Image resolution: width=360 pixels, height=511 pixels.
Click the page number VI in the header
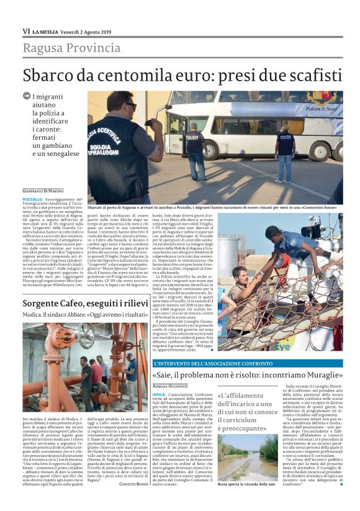(x=26, y=31)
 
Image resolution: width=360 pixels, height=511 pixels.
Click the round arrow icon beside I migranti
(x=27, y=96)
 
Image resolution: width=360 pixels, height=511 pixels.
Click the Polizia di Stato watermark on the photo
(x=322, y=109)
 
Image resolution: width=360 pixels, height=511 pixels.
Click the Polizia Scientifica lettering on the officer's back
(x=107, y=140)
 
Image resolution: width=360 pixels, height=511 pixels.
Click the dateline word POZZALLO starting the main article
(x=34, y=198)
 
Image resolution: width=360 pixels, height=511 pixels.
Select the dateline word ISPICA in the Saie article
(x=160, y=394)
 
